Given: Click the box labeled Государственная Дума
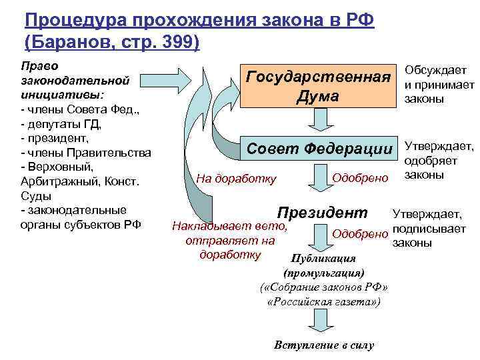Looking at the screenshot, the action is coord(317,86).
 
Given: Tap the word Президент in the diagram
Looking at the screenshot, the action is coord(322,213).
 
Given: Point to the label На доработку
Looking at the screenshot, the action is coord(236,178).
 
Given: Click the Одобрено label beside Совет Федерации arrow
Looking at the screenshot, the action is coord(359,177).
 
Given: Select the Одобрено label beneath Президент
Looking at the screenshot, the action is coord(359,233).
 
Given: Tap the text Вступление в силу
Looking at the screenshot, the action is coord(324,345).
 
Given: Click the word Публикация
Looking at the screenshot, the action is coord(324,258).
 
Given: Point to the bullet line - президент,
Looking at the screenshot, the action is coord(55,138).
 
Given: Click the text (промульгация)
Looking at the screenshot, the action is coord(324,273).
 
